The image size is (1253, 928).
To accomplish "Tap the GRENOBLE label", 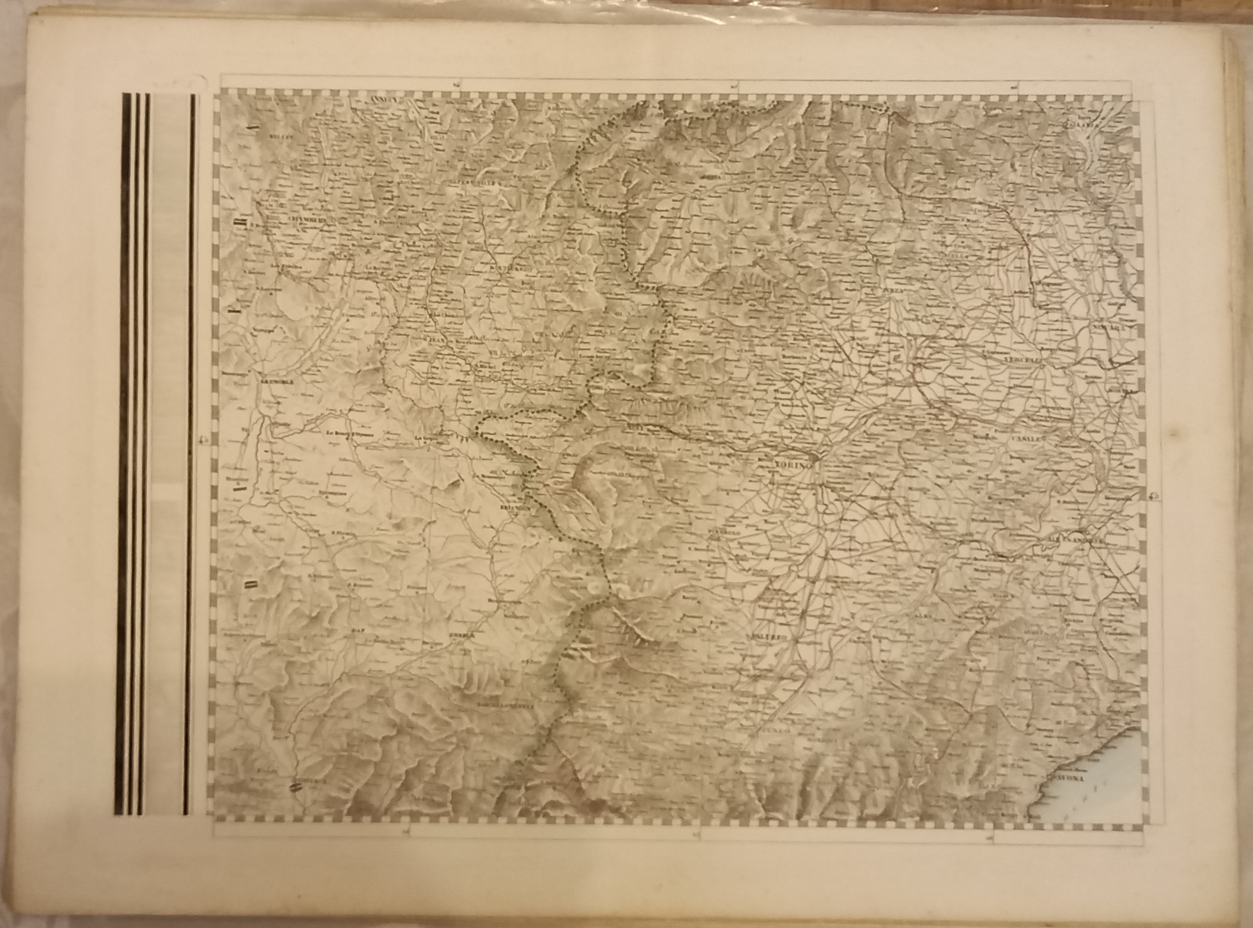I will (275, 382).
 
